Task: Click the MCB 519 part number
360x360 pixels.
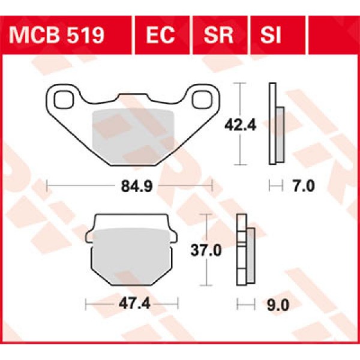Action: click(x=56, y=35)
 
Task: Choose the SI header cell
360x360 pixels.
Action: click(x=271, y=35)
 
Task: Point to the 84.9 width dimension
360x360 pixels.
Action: click(x=129, y=186)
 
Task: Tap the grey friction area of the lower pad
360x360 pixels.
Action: click(x=131, y=255)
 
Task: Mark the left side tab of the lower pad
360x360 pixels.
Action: click(x=90, y=237)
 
